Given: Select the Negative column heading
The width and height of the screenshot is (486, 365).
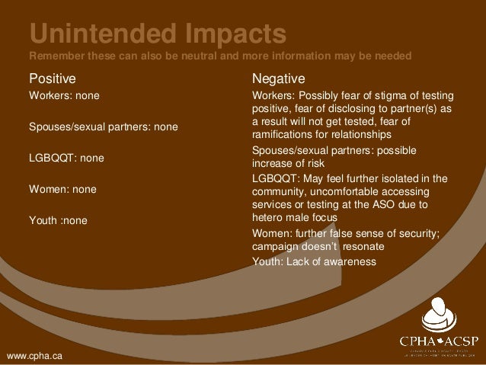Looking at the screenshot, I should tap(279, 78).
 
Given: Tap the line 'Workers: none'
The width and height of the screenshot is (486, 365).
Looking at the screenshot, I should tap(64, 97).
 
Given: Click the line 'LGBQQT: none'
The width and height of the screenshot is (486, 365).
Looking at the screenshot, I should tap(66, 158).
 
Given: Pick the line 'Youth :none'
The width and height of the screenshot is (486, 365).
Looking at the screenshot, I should tap(58, 220).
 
